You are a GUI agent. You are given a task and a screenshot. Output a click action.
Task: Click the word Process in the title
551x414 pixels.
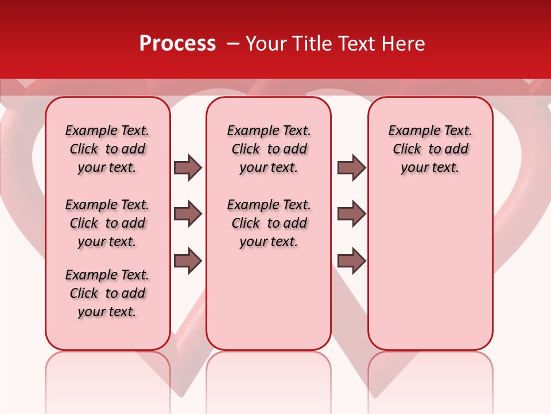(177, 44)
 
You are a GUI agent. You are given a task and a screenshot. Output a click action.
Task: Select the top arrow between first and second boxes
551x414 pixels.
(188, 167)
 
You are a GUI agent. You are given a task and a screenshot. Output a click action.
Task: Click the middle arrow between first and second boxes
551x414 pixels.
(188, 214)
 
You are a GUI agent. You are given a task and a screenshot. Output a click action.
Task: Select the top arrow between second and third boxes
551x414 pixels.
(351, 167)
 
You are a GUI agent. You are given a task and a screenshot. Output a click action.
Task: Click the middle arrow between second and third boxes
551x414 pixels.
(351, 214)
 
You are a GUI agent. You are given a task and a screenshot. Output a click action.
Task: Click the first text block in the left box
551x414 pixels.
(107, 149)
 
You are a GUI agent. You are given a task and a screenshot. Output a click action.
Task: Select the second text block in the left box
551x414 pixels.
(107, 223)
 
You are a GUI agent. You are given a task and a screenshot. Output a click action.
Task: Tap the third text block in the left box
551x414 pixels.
(107, 293)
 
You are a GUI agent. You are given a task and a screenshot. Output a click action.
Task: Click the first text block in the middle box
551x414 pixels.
(269, 149)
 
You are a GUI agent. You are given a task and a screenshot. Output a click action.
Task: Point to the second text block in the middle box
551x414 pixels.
(269, 223)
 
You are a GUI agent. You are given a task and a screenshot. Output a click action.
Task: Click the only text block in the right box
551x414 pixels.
(430, 149)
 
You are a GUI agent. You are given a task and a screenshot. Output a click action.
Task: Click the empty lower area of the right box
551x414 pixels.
(430, 270)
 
